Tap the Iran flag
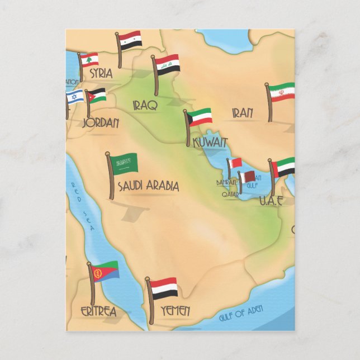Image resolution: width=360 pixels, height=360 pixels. tap(282, 92)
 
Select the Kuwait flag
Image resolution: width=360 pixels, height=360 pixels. tap(200, 117)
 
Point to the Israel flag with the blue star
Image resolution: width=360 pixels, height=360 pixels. tap(75, 97)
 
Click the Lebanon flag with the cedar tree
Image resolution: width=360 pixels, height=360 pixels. tap(89, 60)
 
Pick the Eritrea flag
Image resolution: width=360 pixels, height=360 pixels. tap(106, 272)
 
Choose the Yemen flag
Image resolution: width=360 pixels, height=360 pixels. tap(164, 288)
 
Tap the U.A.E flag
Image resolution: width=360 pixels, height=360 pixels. tap(285, 167)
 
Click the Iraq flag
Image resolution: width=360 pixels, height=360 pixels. tap(167, 65)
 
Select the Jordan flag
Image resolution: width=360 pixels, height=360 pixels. tap(97, 95)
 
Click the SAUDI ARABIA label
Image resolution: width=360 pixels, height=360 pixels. tap(148, 186)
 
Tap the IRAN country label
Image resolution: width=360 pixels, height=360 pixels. tap(243, 113)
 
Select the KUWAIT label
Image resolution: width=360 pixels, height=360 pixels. tap(210, 143)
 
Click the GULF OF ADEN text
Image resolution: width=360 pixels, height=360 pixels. tap(240, 315)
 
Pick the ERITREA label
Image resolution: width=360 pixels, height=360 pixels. tap(98, 311)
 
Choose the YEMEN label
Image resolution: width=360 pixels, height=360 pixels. tap(175, 310)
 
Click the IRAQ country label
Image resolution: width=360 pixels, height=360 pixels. tap(145, 105)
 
